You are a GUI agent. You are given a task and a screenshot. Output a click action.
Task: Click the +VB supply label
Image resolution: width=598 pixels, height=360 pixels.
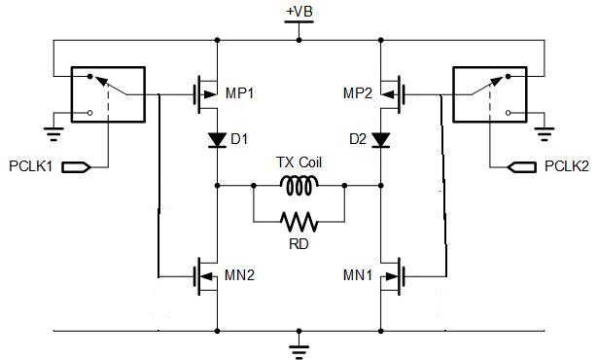point(299,12)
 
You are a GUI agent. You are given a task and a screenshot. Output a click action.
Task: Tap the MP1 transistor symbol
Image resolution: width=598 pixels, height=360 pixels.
point(206,94)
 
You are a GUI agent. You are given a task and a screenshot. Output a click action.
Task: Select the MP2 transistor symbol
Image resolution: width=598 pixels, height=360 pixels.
point(392,94)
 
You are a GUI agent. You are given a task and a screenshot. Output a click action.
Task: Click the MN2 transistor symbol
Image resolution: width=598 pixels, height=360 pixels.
point(206,276)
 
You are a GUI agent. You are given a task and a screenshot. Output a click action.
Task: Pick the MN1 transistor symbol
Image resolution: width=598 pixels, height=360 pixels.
point(392,276)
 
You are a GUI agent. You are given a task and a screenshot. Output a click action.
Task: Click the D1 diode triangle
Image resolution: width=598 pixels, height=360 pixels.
point(217,139)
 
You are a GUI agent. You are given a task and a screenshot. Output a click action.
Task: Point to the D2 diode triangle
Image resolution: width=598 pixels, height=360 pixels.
point(380,139)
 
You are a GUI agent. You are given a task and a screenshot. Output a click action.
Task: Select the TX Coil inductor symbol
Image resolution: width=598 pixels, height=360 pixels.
point(299,186)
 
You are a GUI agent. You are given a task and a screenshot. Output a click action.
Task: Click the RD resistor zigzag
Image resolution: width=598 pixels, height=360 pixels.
point(299,222)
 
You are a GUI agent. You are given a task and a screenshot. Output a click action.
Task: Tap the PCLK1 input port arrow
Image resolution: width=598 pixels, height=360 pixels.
point(76,167)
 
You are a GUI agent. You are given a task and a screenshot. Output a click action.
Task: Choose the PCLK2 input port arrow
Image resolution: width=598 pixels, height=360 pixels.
point(522,167)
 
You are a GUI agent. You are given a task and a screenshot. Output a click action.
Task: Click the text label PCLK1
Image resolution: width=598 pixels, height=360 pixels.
point(30,166)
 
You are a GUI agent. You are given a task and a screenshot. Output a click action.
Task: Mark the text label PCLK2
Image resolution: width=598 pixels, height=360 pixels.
point(567,166)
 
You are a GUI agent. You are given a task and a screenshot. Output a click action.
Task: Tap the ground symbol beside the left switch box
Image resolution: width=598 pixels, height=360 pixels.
point(53,133)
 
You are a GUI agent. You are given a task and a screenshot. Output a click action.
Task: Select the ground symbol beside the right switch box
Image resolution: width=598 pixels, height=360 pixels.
point(545,133)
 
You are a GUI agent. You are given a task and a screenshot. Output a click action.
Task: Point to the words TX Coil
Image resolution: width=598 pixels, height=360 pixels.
point(299,162)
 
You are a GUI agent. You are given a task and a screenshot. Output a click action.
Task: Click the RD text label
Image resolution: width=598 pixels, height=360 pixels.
point(299,244)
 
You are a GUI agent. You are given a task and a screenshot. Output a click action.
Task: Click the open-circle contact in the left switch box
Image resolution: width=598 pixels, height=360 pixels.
point(90,113)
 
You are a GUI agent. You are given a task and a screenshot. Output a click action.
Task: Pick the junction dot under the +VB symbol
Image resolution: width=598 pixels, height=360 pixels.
point(299,40)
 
